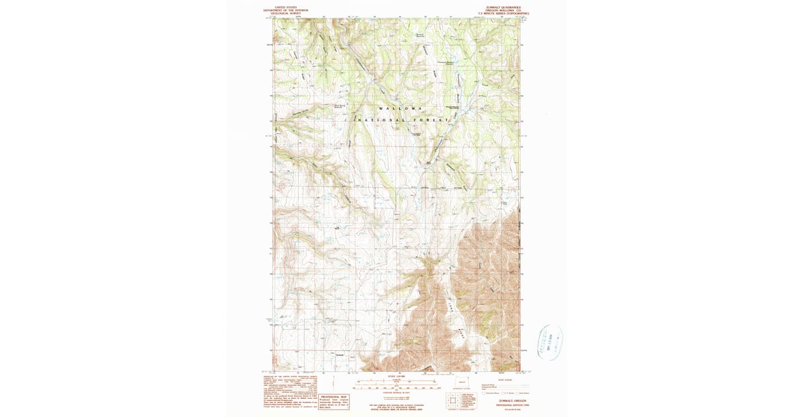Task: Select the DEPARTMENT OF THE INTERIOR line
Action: click(x=286, y=11)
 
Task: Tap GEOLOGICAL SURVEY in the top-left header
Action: click(x=286, y=14)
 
